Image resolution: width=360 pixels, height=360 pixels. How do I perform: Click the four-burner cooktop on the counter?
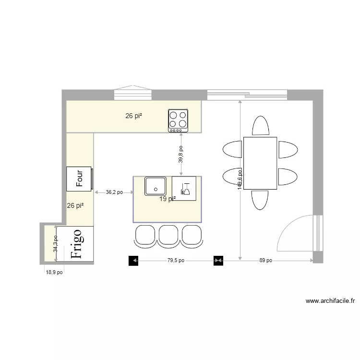tap(178, 120)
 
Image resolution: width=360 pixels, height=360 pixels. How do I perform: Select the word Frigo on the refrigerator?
tap(77, 244)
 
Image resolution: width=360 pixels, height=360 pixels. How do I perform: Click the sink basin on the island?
tap(156, 186)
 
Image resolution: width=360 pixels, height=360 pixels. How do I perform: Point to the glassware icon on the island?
tap(184, 189)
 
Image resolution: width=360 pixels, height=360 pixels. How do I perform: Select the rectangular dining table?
tap(260, 163)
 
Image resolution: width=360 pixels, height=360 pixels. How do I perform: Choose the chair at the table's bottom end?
tap(260, 200)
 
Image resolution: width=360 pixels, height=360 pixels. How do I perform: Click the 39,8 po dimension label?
tap(181, 155)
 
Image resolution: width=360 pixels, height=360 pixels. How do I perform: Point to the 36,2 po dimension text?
tap(114, 192)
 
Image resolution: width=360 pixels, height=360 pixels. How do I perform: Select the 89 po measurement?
tap(265, 261)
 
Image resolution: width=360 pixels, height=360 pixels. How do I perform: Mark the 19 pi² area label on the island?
tap(168, 199)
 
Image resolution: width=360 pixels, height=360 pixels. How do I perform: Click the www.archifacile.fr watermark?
tap(330, 301)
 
